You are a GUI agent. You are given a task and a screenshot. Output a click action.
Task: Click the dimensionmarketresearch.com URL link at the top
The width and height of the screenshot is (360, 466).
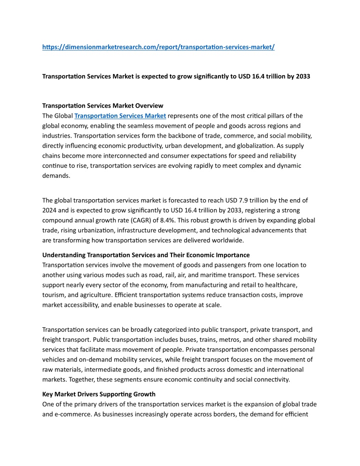(x=158, y=47)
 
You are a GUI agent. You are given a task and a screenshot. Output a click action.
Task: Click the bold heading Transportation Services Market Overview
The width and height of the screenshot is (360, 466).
(x=102, y=106)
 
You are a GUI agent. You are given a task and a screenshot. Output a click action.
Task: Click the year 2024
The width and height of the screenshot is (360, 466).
(x=50, y=211)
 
